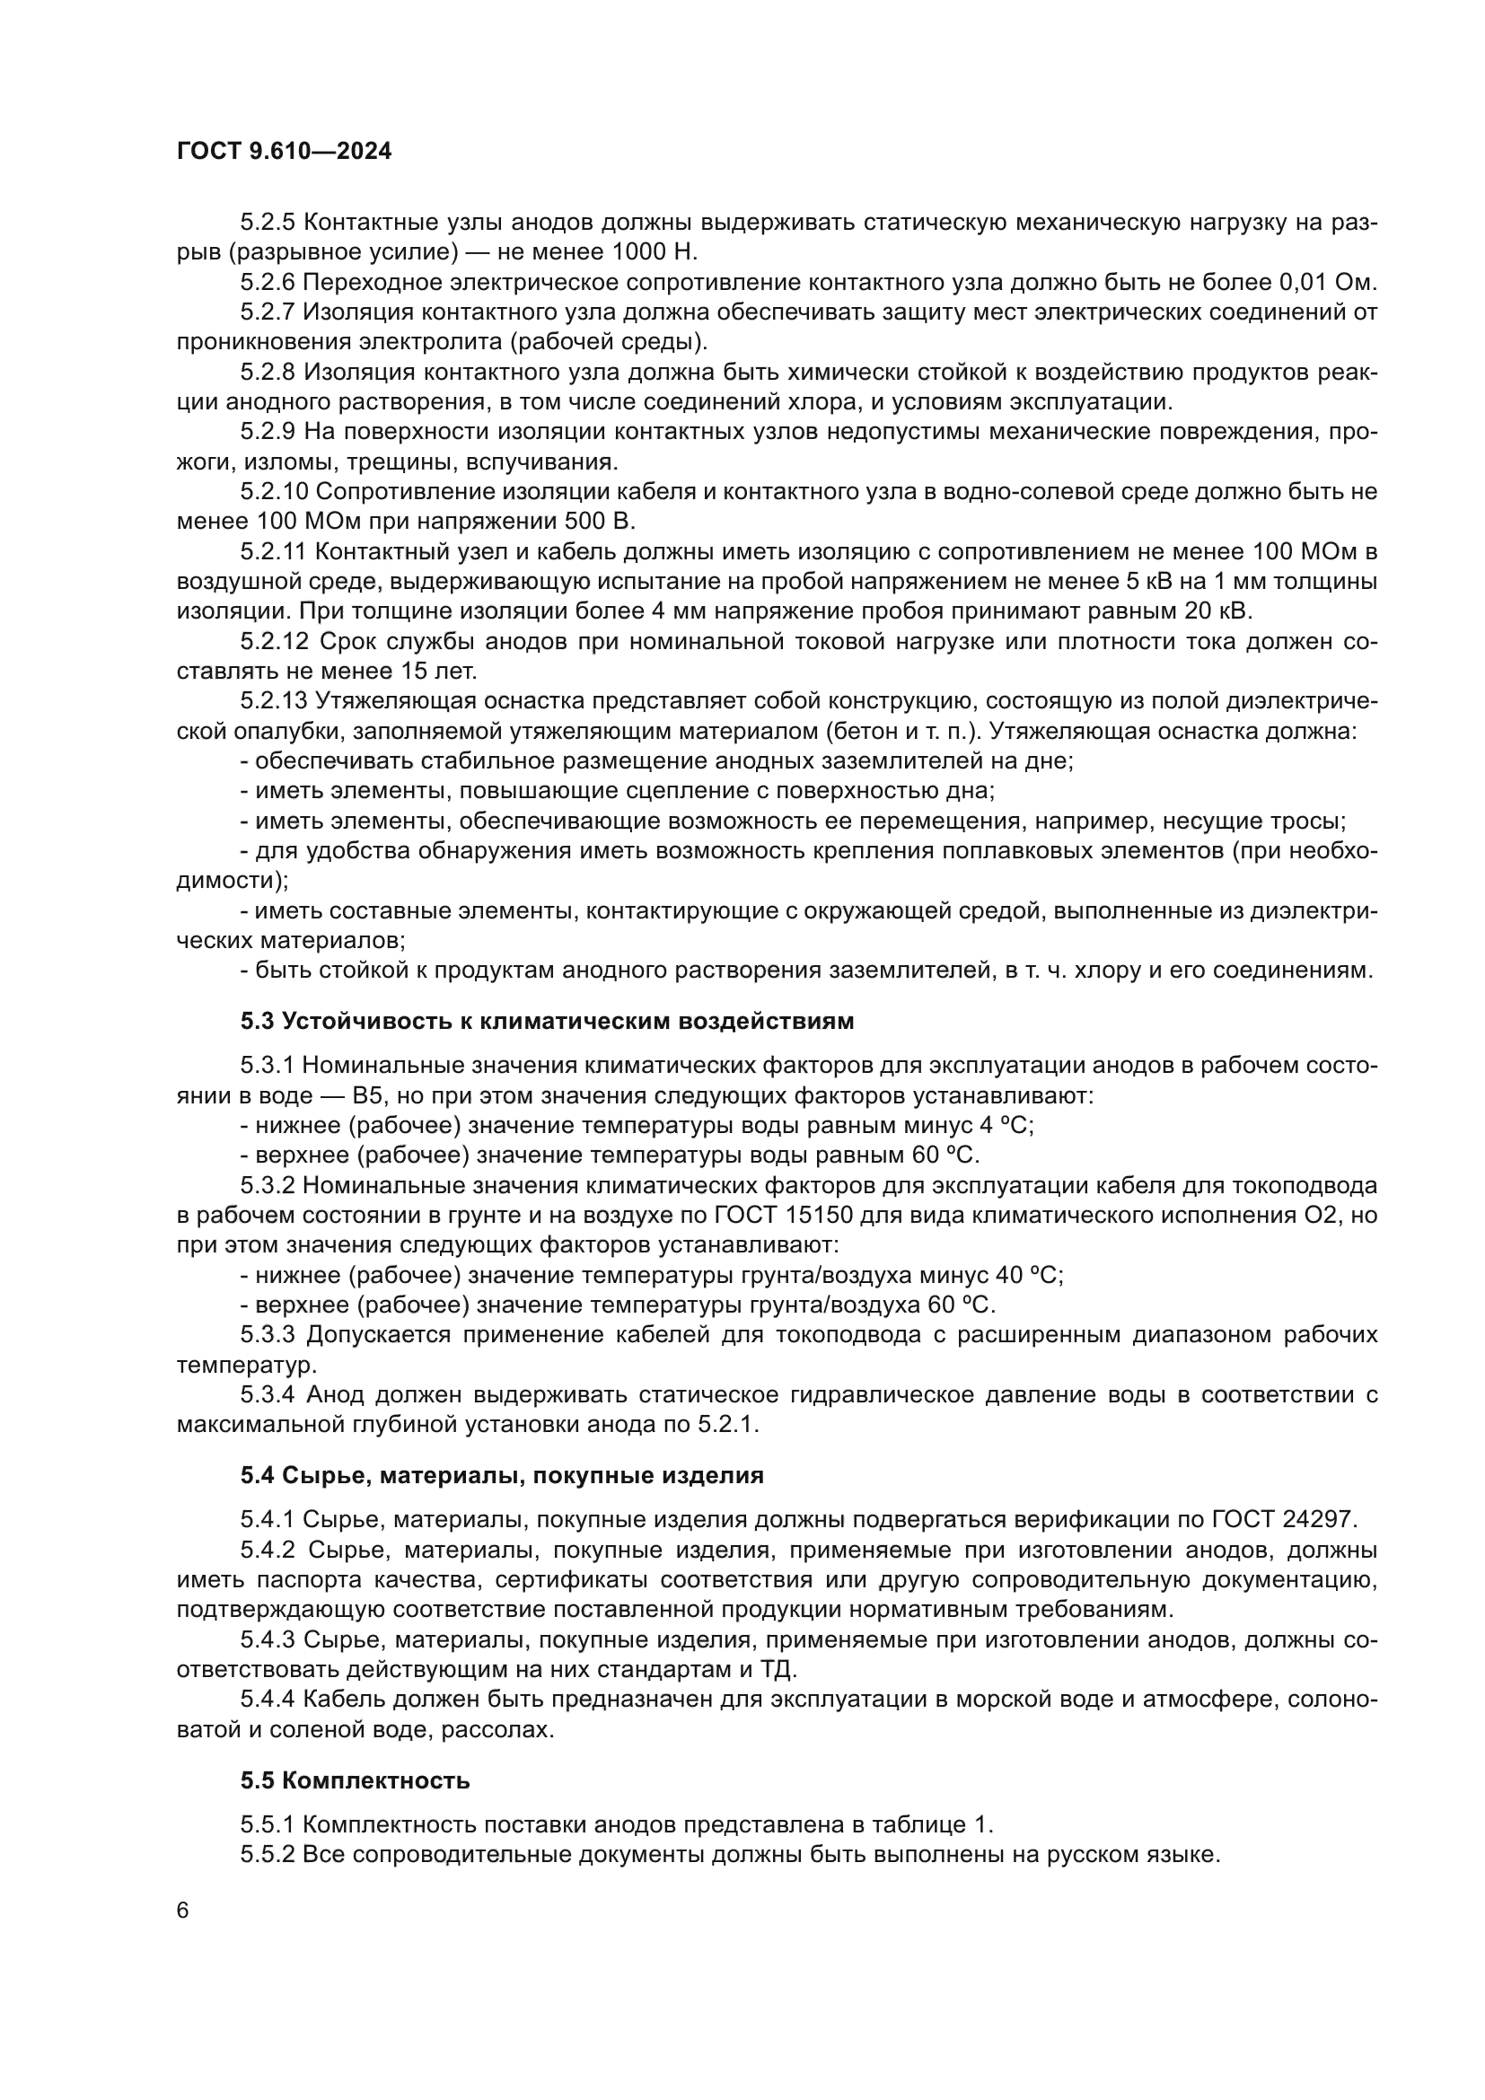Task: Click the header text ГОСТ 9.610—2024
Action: (284, 152)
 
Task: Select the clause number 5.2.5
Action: (268, 223)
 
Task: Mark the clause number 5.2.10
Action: (275, 492)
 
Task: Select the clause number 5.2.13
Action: (275, 701)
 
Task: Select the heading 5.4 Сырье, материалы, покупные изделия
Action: (502, 1475)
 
